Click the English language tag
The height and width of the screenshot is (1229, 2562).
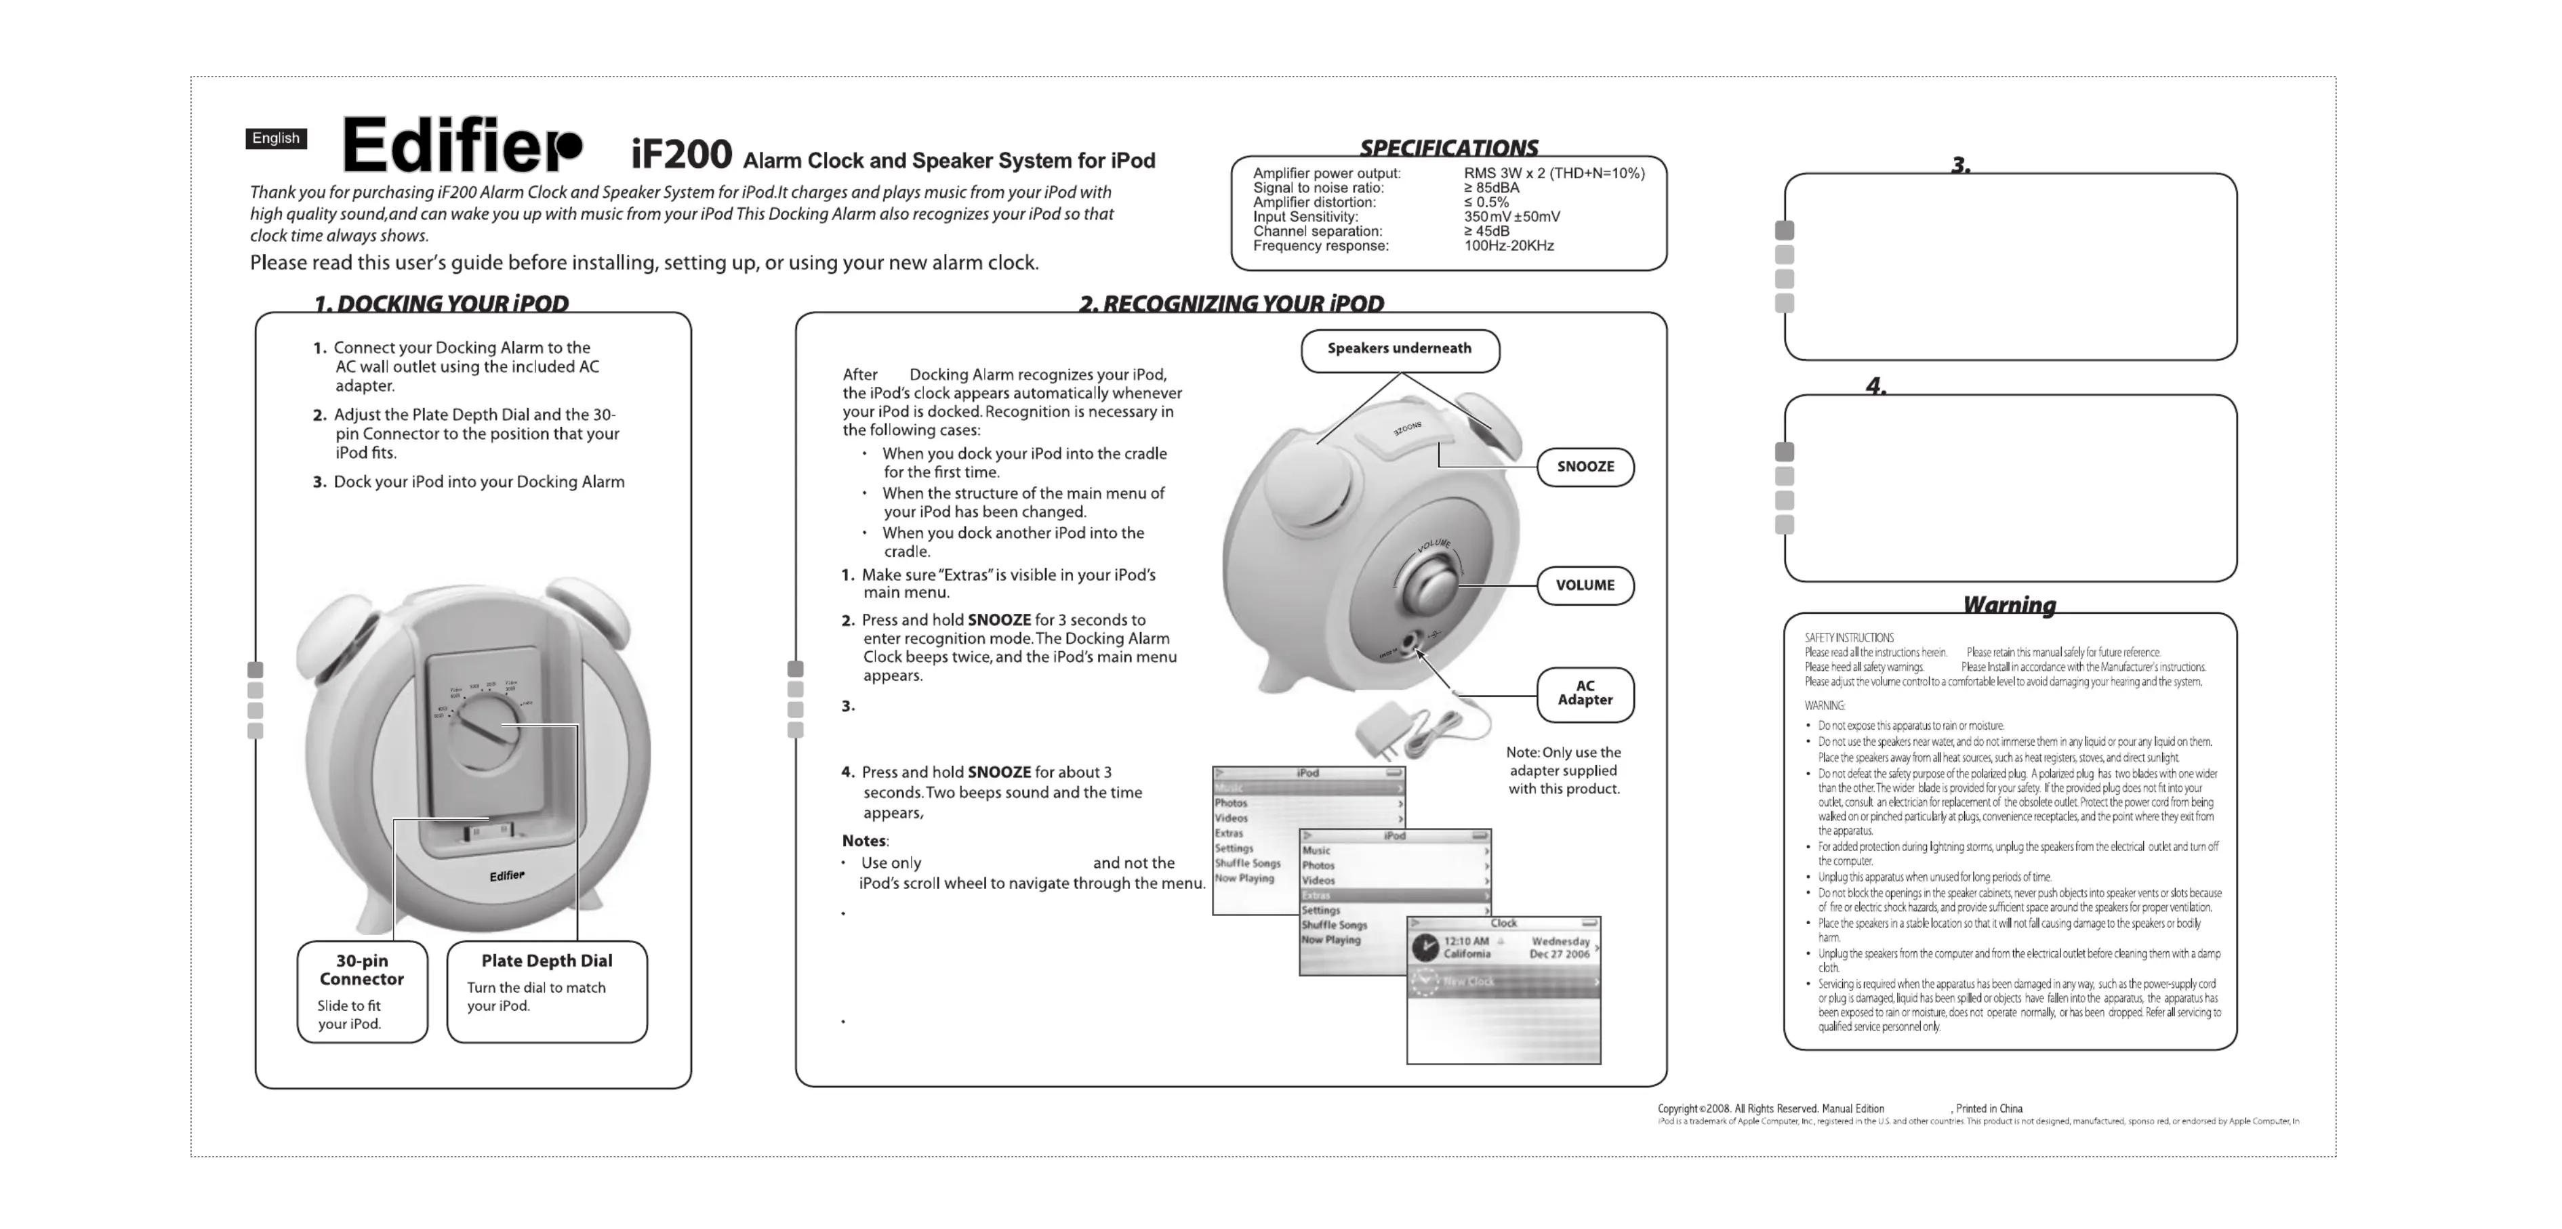[x=275, y=138]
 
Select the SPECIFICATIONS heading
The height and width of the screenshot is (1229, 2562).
[x=1448, y=148]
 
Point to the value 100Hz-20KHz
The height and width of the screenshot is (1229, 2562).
[x=1508, y=246]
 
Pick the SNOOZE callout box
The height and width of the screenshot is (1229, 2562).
[x=1585, y=466]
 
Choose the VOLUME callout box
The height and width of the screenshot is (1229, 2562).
[x=1585, y=585]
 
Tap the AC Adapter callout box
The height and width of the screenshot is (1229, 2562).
[x=1585, y=693]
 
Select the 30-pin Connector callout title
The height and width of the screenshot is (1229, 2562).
[x=362, y=970]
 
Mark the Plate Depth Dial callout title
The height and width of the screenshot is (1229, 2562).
[x=546, y=961]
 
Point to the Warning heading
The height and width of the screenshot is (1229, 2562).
[x=2009, y=604]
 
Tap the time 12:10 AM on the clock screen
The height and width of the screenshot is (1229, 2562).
[x=1466, y=940]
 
